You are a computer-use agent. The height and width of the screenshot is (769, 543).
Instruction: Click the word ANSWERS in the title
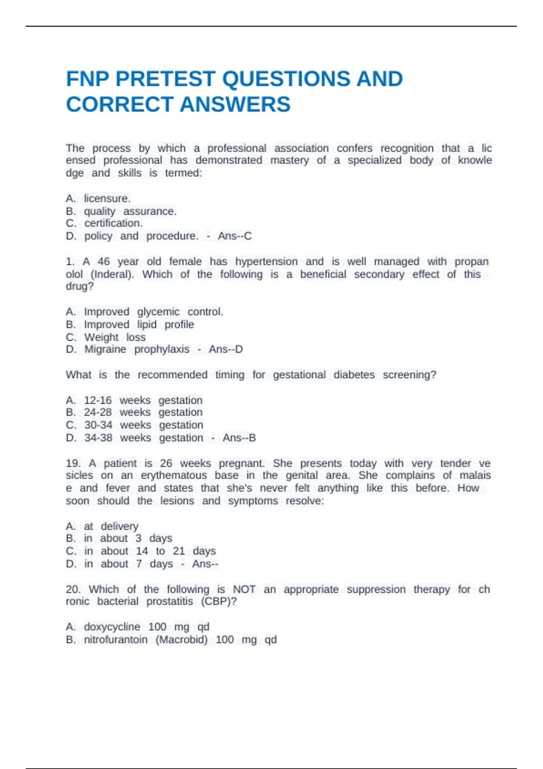point(235,104)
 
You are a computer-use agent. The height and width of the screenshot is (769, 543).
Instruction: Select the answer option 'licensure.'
point(107,199)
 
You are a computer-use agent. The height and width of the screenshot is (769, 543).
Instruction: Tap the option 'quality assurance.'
point(130,211)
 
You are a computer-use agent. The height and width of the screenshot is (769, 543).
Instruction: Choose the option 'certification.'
point(113,223)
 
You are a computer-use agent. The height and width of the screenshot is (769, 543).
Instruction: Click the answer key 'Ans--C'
point(234,236)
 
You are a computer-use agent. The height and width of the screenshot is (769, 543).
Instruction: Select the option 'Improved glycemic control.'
point(153,312)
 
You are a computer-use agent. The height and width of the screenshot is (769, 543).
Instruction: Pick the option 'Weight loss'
point(115,337)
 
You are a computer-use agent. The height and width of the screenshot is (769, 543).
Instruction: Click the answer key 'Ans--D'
point(225,350)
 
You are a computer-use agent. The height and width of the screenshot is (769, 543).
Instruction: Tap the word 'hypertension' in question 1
point(266,262)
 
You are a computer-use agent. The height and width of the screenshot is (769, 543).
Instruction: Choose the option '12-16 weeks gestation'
point(143,400)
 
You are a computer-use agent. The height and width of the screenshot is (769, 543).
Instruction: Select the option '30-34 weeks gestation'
point(143,425)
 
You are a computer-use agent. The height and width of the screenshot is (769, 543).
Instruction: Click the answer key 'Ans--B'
point(239,438)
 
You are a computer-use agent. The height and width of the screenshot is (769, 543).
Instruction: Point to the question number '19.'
point(73,464)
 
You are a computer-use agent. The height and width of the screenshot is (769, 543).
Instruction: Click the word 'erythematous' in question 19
point(174,475)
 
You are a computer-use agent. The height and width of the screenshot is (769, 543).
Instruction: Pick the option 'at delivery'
point(111,527)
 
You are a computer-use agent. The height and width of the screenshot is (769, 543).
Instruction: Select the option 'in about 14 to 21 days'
point(150,551)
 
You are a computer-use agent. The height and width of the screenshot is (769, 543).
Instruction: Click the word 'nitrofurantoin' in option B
point(115,640)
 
